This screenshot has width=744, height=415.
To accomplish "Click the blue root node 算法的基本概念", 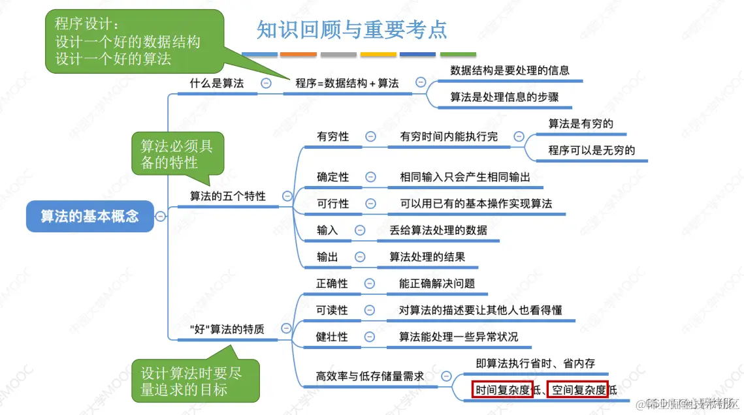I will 90,217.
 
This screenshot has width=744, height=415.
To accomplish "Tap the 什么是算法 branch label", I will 216,84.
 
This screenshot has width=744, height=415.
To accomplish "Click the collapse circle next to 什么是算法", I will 266,84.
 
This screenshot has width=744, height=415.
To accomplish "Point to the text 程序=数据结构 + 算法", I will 347,84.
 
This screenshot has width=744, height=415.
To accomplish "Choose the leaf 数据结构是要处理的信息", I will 509,70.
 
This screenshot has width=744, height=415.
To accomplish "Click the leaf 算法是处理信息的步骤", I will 504,97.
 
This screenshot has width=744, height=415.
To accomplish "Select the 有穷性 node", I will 332,137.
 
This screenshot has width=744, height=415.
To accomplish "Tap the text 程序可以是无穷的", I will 592,150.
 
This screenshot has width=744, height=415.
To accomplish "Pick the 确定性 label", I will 332,177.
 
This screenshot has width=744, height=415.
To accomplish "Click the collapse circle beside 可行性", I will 370,204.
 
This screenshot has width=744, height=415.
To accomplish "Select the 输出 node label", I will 327,257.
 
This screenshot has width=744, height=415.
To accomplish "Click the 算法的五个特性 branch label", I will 228,196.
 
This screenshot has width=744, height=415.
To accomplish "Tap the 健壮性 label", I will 332,337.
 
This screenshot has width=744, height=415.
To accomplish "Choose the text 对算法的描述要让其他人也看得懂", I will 480,310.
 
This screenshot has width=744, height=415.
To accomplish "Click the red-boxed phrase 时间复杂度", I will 502,390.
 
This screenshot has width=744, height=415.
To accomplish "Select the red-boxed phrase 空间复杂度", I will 577,390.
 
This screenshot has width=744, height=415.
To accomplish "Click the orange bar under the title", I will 299,54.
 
